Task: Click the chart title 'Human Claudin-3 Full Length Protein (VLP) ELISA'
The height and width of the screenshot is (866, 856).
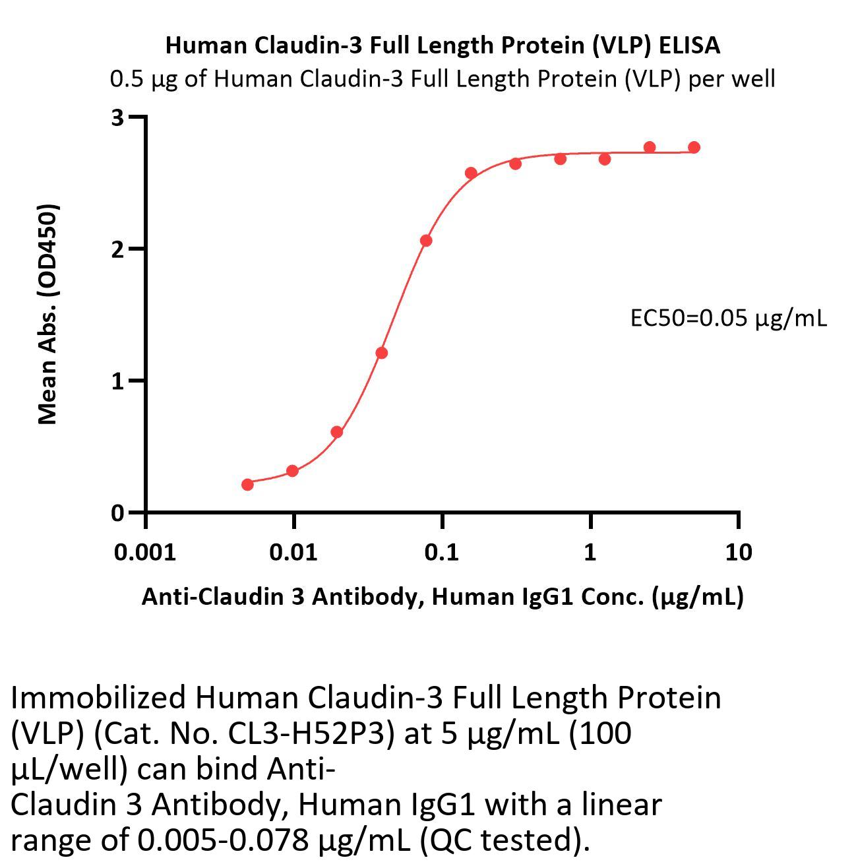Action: (442, 46)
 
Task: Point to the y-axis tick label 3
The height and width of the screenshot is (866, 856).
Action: (118, 118)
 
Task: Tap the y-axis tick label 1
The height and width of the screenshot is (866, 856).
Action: (118, 381)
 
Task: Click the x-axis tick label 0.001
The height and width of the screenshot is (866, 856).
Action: (144, 552)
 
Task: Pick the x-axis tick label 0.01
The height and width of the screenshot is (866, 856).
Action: (293, 552)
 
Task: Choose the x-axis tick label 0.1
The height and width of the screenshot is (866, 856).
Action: (442, 552)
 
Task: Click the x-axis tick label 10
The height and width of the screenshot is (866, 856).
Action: (738, 552)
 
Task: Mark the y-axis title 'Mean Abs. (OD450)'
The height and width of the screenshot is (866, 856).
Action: (47, 314)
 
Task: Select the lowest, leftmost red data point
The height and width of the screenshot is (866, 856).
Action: (247, 485)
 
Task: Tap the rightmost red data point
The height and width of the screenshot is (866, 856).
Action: (694, 147)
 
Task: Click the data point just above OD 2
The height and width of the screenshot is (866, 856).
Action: (426, 241)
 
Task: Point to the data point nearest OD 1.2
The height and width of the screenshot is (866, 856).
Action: (381, 353)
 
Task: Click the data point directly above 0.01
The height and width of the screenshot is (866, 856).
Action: (292, 471)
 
